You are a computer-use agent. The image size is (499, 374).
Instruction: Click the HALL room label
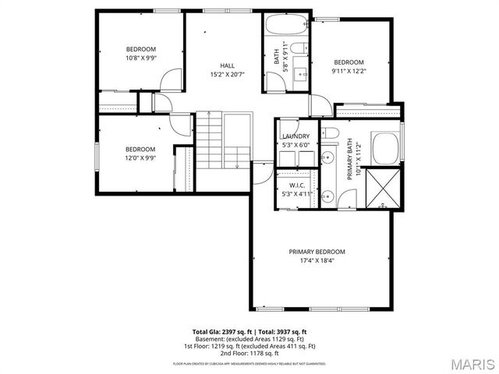tap(227, 65)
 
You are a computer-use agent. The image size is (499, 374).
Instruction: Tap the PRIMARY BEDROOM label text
tap(317, 252)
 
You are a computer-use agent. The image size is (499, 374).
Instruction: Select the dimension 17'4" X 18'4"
tap(317, 262)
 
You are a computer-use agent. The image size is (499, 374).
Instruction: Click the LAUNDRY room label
tap(296, 136)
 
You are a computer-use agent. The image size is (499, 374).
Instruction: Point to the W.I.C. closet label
tap(296, 185)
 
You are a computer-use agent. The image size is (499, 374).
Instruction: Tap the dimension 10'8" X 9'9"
tap(141, 58)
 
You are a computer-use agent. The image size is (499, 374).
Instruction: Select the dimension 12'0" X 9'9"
tap(140, 158)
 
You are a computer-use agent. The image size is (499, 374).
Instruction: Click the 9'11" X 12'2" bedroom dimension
tap(349, 72)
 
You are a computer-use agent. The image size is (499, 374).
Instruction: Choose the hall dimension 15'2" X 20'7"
tap(227, 75)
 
